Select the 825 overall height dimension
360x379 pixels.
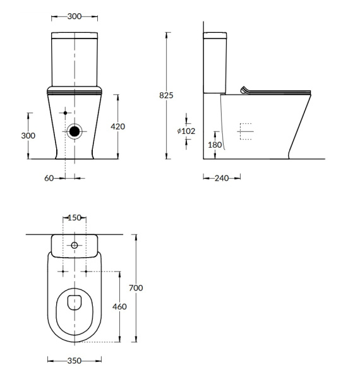pos(167,95)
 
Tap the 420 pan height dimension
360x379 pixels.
pos(117,126)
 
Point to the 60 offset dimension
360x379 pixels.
pos(49,178)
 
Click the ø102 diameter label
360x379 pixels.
pos(186,131)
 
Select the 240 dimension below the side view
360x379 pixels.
pos(221,178)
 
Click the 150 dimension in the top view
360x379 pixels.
pos(75,218)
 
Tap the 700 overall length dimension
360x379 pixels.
pos(136,287)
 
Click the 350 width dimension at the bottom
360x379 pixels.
pos(75,361)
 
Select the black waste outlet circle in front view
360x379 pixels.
pos(75,131)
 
